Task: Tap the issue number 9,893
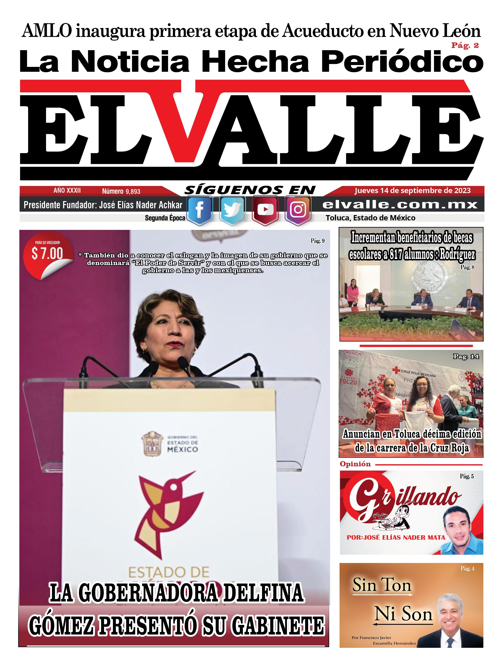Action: tap(133, 191)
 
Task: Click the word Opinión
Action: tap(355, 464)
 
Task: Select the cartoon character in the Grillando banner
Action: tap(400, 516)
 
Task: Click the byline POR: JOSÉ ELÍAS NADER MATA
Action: tap(396, 537)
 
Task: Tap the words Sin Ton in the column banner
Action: tap(382, 585)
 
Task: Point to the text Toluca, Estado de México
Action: tap(370, 218)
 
